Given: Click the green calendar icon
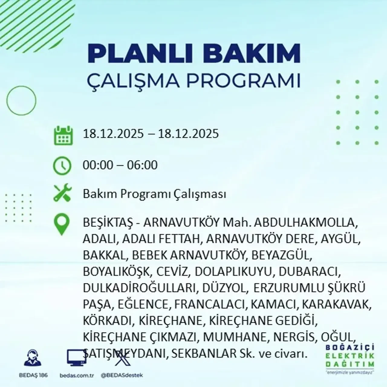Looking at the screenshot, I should coord(63,135).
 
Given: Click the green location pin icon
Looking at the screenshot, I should coord(62,224).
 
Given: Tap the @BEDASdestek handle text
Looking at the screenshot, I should coord(122,375).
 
